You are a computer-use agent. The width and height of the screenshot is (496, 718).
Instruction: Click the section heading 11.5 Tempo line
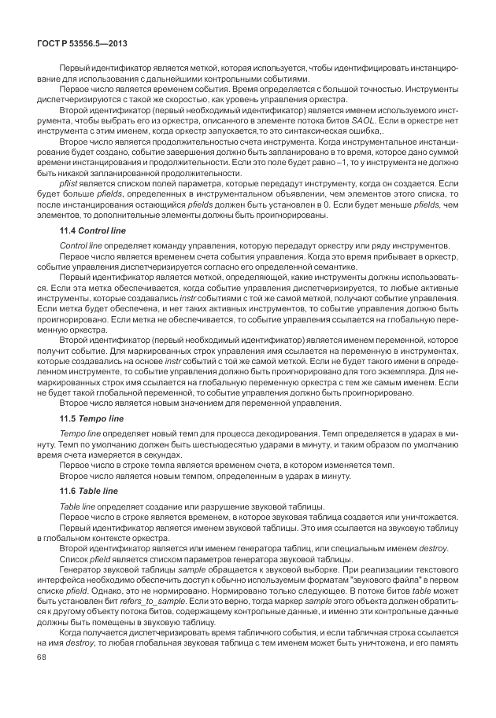[x=87, y=417]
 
